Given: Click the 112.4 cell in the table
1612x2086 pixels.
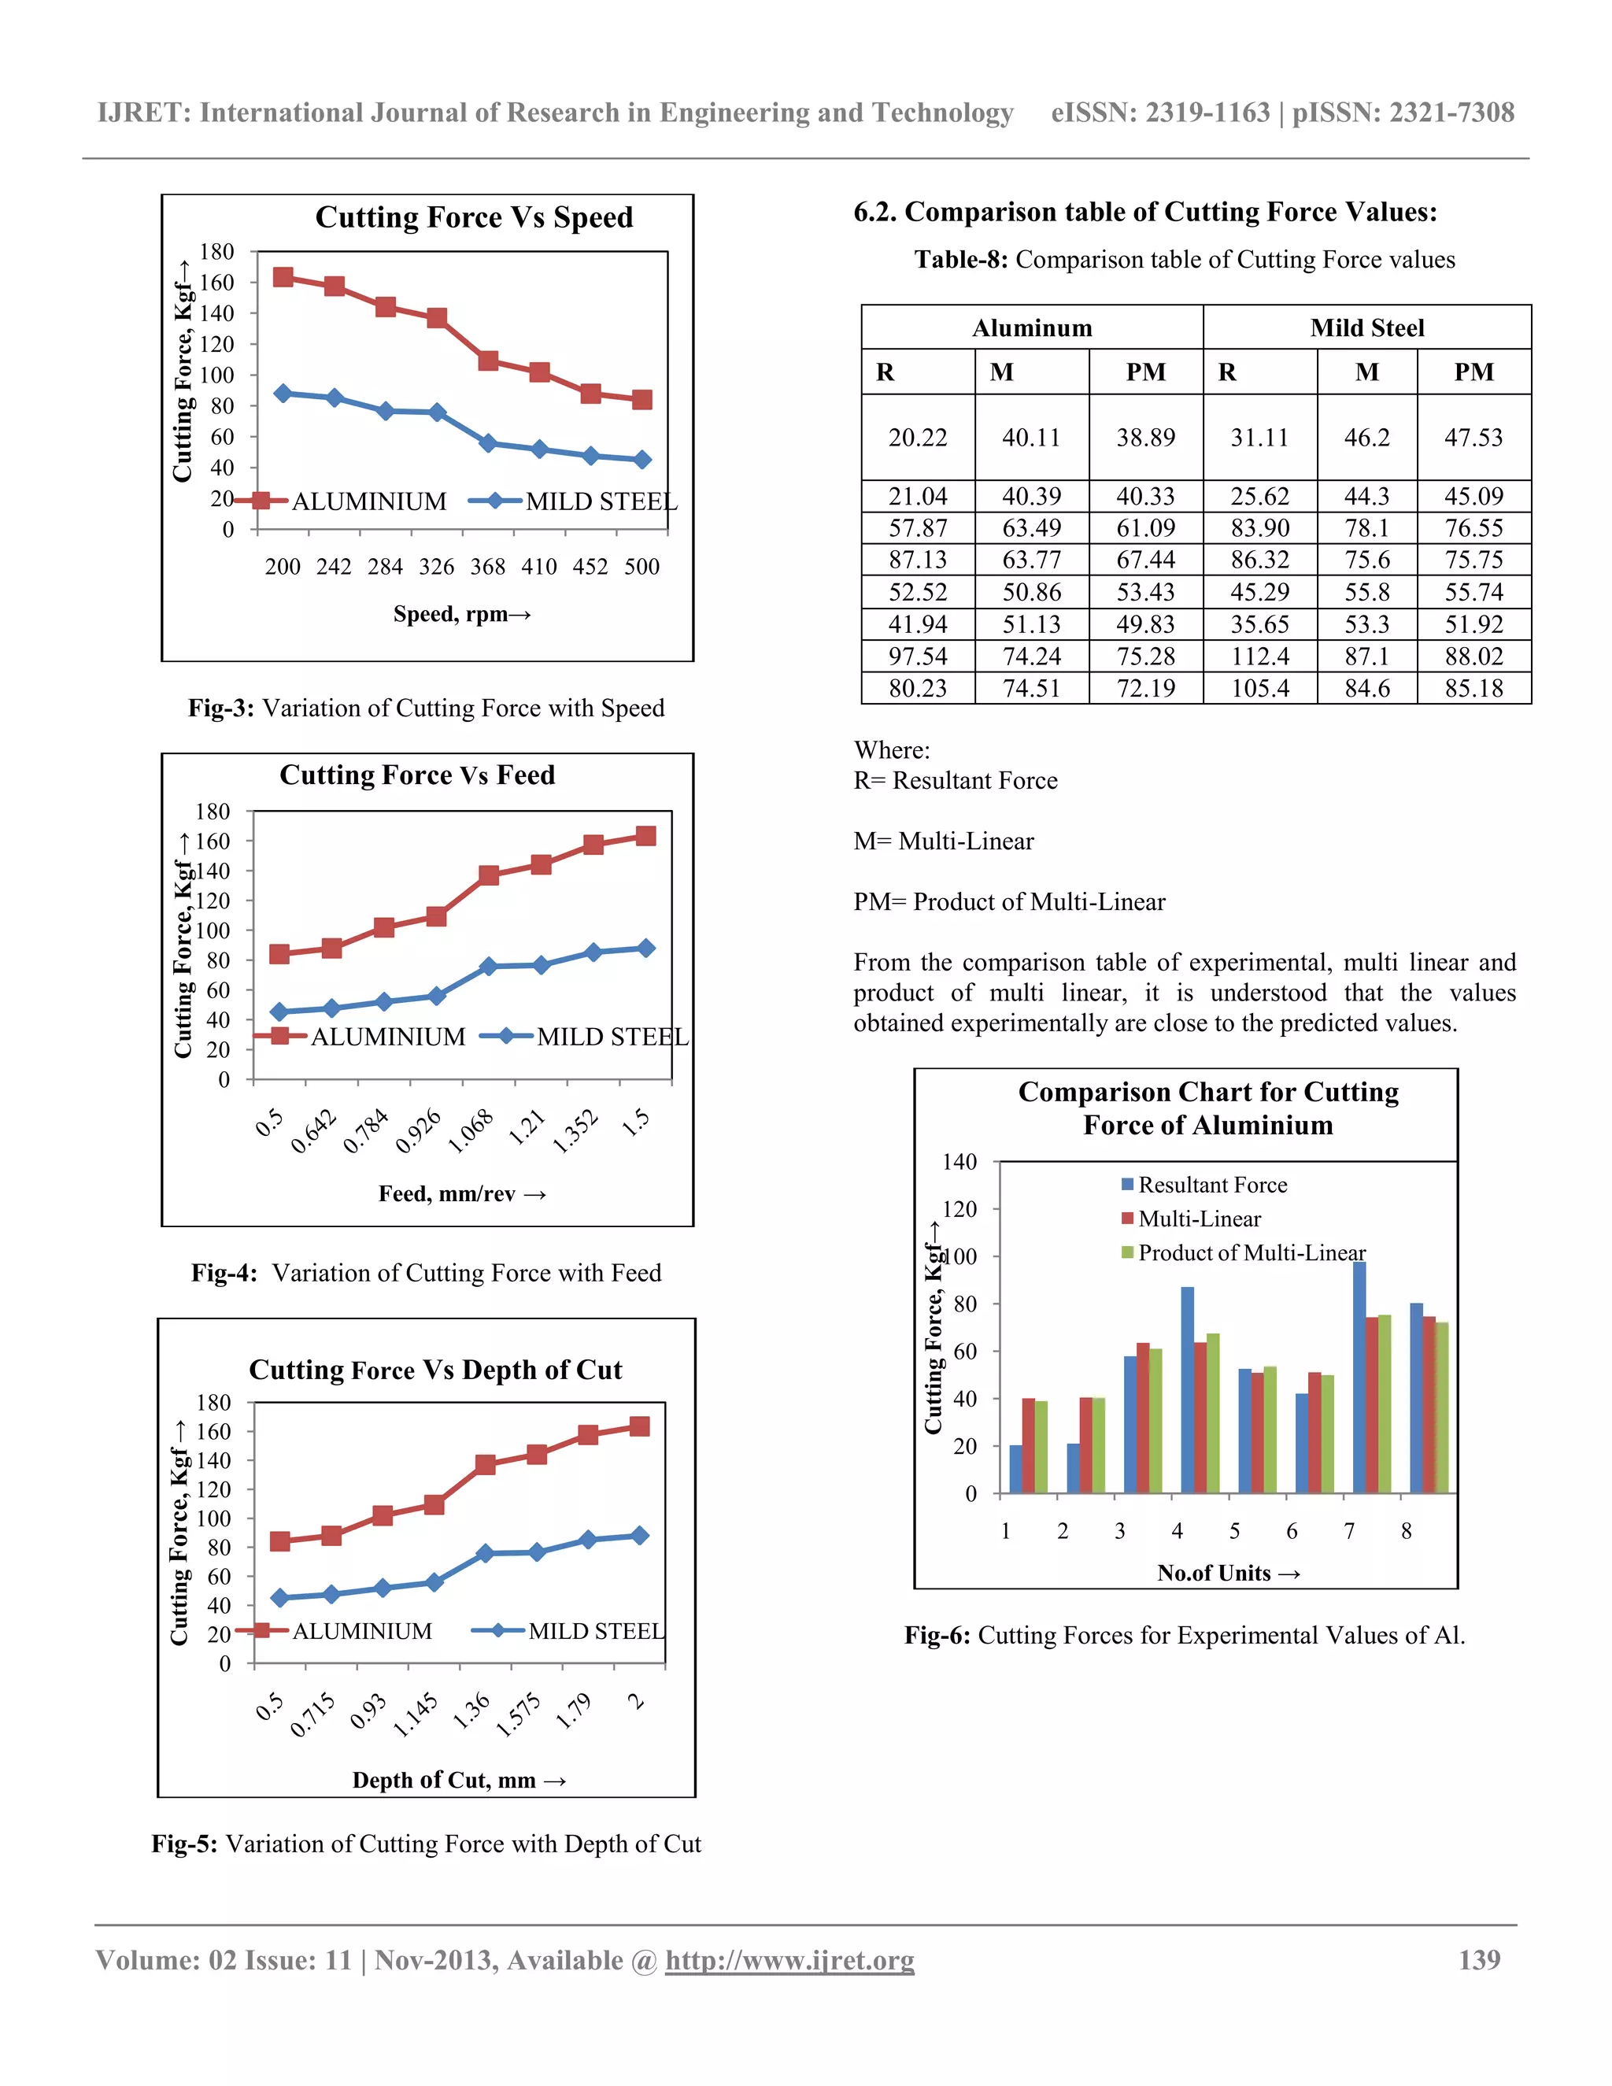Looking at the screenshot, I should (x=1259, y=656).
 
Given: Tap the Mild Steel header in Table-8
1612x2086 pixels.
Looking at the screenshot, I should (x=1366, y=327).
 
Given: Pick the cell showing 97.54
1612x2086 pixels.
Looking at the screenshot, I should (x=917, y=656).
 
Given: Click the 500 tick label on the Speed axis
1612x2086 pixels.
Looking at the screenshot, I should (x=641, y=567).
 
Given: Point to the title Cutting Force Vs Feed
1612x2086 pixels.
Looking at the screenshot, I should (x=417, y=775).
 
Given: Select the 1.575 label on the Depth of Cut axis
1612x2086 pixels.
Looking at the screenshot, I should (x=519, y=1714).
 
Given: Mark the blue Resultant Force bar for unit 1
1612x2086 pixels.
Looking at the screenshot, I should (x=1015, y=1469).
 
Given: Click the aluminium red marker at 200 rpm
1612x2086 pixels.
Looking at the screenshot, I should (x=283, y=277).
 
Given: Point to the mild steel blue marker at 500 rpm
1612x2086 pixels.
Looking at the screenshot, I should (x=641, y=460).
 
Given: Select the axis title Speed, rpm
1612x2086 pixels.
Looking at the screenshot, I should (x=461, y=614).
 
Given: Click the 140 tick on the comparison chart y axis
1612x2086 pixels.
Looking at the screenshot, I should (x=959, y=1163).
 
